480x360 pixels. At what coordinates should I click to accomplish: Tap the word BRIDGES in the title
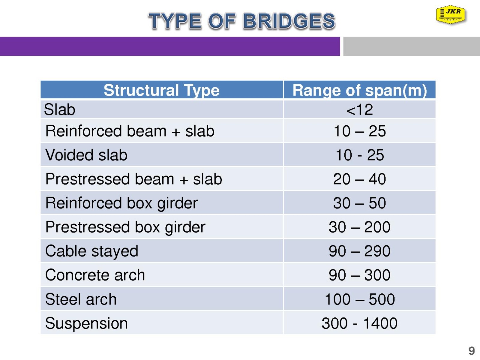[289, 21]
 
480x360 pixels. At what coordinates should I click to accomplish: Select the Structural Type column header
[162, 91]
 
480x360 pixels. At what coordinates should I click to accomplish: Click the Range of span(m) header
[360, 91]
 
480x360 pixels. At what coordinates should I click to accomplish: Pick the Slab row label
[59, 109]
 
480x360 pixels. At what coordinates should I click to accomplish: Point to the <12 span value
[360, 109]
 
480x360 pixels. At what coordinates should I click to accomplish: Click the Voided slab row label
[86, 155]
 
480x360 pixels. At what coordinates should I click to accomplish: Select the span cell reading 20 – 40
[360, 179]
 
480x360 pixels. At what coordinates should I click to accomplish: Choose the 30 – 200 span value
[360, 227]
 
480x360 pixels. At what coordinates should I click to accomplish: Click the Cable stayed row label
[91, 251]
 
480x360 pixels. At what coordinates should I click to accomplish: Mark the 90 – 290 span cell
[360, 251]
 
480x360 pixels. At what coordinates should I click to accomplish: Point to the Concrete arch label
[95, 275]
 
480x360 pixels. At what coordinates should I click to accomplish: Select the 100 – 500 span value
[360, 299]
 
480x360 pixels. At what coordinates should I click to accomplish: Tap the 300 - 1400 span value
[360, 323]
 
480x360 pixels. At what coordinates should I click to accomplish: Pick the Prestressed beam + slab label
[133, 179]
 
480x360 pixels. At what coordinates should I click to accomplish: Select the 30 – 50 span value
[360, 203]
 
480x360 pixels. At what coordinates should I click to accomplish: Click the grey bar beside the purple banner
[412, 46]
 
